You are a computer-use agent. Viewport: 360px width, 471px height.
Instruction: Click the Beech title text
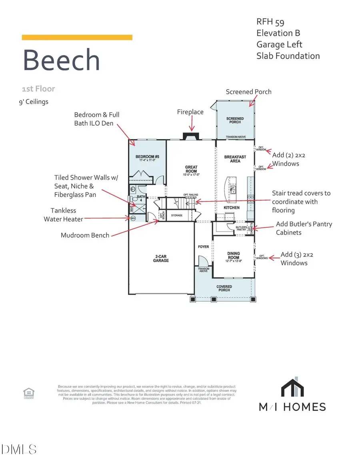(x=61, y=60)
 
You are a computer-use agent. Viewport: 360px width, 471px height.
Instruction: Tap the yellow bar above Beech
(x=77, y=37)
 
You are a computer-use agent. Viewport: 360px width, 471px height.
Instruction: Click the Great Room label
(x=191, y=169)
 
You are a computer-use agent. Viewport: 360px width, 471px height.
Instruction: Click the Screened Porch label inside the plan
(x=235, y=120)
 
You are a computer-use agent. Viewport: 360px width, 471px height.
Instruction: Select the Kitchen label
(x=232, y=208)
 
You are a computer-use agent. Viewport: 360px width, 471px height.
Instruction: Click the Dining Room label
(x=233, y=255)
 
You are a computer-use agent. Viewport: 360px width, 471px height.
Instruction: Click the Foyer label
(x=203, y=247)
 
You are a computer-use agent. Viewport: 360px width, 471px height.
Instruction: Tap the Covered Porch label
(x=224, y=288)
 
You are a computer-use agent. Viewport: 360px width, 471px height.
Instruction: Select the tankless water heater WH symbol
(x=133, y=218)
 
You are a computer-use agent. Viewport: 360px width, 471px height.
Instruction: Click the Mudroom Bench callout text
(x=85, y=235)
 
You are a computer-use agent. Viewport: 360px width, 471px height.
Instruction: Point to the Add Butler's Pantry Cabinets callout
(x=304, y=228)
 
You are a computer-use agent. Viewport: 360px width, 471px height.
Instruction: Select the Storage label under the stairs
(x=176, y=215)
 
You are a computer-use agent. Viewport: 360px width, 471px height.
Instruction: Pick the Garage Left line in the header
(x=279, y=44)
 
